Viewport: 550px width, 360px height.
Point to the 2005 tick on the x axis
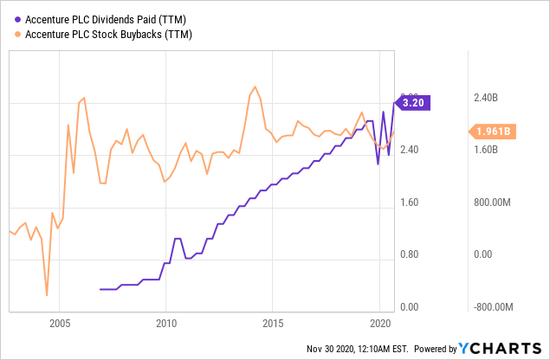60,323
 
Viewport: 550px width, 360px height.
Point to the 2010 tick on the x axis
166,323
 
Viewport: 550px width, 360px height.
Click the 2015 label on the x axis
273,323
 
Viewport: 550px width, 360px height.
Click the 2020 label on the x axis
379,323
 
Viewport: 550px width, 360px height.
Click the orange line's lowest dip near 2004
46,295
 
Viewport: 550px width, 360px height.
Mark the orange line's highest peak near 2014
254,87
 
